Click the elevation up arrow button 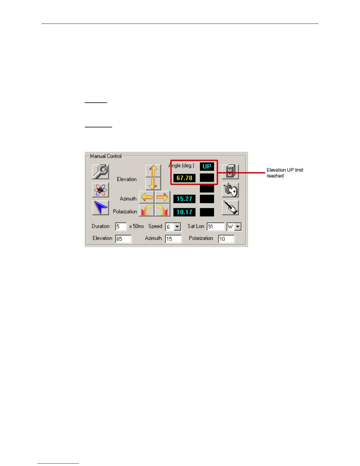click(x=153, y=171)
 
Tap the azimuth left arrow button click(x=146, y=197)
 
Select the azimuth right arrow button click(x=162, y=197)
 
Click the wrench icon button click(x=100, y=172)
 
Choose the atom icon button click(x=100, y=190)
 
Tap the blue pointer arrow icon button click(x=100, y=208)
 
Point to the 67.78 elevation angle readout click(x=184, y=178)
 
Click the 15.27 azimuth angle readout click(x=184, y=199)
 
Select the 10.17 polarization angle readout click(x=184, y=212)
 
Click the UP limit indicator click(x=207, y=167)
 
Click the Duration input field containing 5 click(x=121, y=227)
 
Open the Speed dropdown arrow click(x=177, y=227)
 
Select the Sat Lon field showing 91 click(x=215, y=227)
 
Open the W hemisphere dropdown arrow click(x=238, y=227)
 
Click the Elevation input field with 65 click(x=123, y=239)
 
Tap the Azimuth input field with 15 click(x=173, y=239)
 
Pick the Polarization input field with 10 click(x=226, y=239)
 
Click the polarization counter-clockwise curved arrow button click(x=146, y=210)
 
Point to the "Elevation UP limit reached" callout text click(x=285, y=173)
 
